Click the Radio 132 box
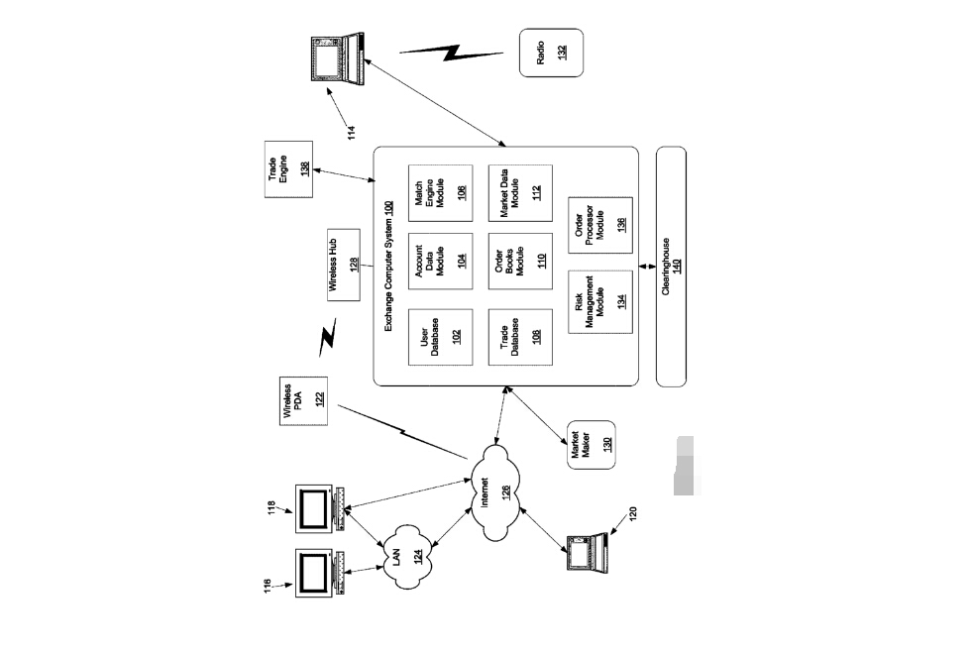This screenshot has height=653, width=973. [x=551, y=52]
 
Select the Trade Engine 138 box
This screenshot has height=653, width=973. [x=287, y=170]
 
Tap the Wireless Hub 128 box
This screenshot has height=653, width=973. [x=344, y=265]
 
